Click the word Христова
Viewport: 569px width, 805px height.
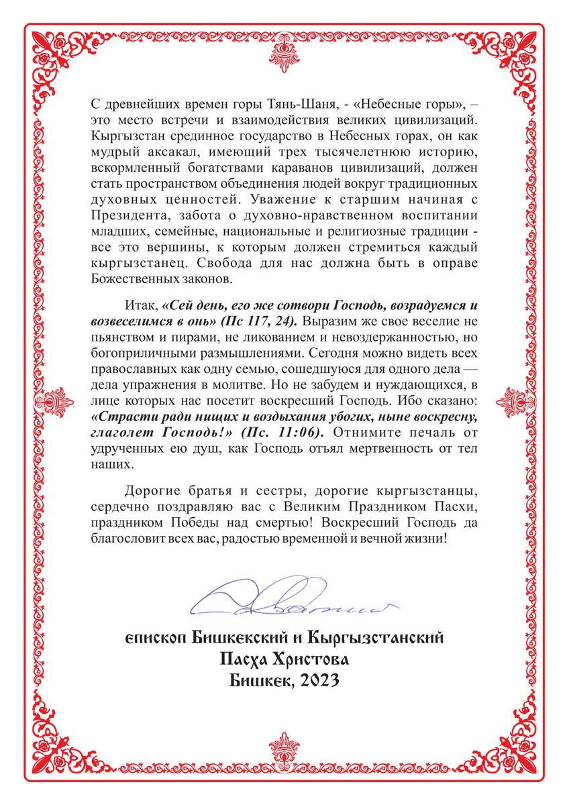coord(312,659)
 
